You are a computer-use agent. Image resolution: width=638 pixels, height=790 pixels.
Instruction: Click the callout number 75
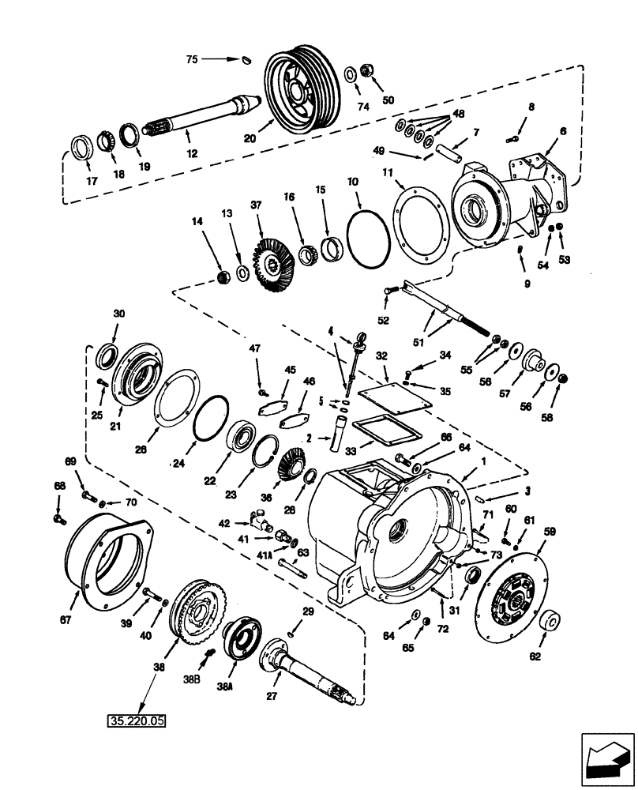click(193, 59)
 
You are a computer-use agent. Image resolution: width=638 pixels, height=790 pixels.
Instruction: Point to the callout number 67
click(66, 620)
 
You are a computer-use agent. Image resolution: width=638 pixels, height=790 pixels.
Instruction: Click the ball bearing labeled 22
click(240, 437)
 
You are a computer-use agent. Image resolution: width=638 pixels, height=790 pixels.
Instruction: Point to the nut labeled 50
click(367, 69)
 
